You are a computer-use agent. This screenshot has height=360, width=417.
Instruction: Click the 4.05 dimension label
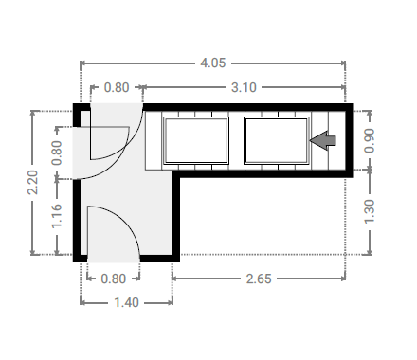(x=213, y=63)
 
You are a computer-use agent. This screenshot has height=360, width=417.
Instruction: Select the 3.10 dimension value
(x=244, y=87)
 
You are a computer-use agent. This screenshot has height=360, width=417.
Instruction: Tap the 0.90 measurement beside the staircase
(x=370, y=140)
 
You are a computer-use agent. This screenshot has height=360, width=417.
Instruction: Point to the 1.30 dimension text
(x=370, y=211)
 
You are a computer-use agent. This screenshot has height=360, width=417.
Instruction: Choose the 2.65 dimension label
(x=259, y=279)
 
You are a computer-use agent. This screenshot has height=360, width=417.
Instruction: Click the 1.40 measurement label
(x=126, y=302)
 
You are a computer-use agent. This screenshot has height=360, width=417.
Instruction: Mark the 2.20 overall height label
(x=32, y=182)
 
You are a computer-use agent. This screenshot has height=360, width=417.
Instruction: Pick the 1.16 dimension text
(x=57, y=216)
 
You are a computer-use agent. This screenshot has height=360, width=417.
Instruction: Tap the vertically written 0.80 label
(x=57, y=153)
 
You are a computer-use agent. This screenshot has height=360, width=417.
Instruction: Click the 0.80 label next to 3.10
(x=117, y=87)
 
